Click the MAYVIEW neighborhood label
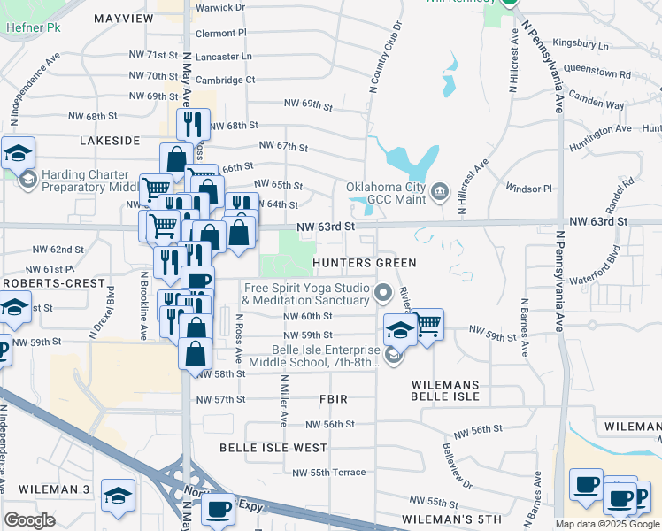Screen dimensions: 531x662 [x=123, y=18]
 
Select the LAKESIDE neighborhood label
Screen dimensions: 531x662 [x=110, y=141]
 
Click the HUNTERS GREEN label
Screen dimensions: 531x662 [x=363, y=263]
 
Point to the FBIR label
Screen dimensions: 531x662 [x=336, y=399]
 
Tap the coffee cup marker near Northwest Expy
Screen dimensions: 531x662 [x=219, y=508]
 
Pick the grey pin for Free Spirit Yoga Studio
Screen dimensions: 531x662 [x=383, y=291]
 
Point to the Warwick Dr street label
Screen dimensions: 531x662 [x=220, y=7]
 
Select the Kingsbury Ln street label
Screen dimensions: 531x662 [x=580, y=44]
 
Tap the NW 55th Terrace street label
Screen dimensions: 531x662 [x=327, y=473]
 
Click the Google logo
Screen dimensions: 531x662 [x=30, y=519]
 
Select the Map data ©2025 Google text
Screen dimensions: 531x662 [x=607, y=524]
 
